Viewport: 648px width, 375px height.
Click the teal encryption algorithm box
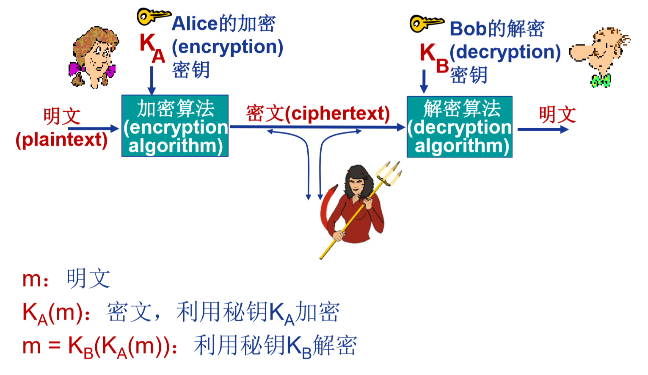(175, 126)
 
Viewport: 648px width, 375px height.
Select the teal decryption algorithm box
(460, 127)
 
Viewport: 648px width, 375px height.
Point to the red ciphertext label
(317, 113)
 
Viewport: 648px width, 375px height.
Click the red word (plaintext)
(62, 140)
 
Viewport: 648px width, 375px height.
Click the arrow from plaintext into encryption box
(93, 128)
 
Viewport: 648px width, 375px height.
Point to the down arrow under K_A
(152, 80)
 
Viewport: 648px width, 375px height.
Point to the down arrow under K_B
(424, 81)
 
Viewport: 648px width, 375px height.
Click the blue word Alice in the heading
(195, 24)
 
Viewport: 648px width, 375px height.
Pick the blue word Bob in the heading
(468, 29)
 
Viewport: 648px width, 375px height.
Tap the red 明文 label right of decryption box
(557, 114)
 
